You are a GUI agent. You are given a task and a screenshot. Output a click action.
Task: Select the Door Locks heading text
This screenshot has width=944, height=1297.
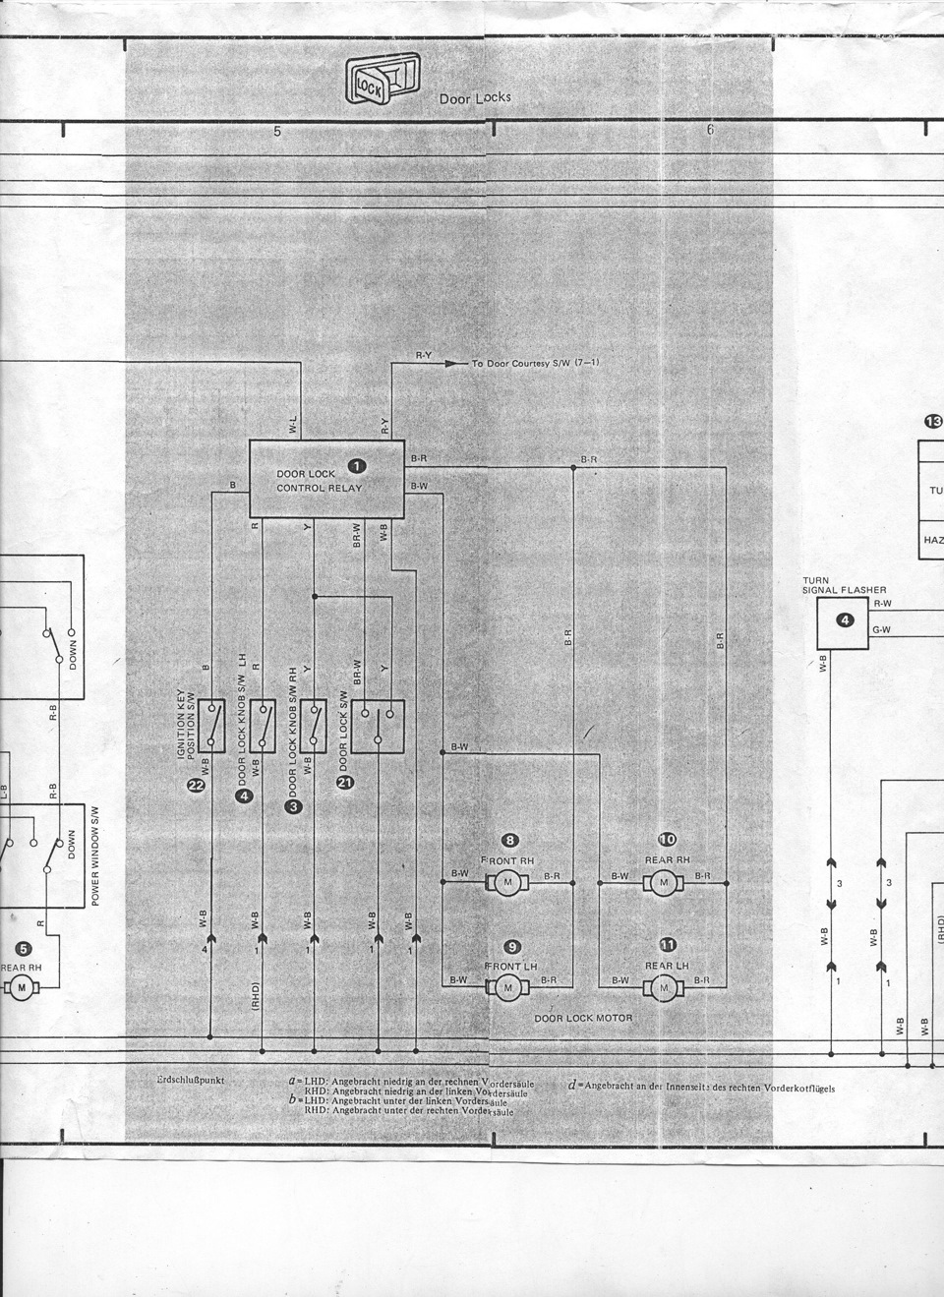(x=475, y=99)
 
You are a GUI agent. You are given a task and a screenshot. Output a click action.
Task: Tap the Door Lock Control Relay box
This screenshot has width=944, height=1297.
(x=326, y=479)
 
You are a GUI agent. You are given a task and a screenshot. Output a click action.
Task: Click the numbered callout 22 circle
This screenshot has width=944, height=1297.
(x=196, y=784)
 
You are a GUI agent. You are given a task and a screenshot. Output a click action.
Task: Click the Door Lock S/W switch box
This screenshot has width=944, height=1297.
(x=379, y=726)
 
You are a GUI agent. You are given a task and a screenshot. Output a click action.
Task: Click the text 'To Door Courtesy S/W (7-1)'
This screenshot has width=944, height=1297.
(x=536, y=364)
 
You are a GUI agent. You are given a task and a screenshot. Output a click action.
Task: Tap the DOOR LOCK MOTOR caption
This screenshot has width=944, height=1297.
(x=583, y=1019)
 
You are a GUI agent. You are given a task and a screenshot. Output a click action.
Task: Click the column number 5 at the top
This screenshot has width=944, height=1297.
(x=277, y=131)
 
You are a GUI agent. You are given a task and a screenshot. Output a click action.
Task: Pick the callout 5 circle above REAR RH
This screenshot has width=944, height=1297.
(x=24, y=949)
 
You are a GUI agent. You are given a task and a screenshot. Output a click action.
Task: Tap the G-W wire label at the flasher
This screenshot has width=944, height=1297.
(x=882, y=630)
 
